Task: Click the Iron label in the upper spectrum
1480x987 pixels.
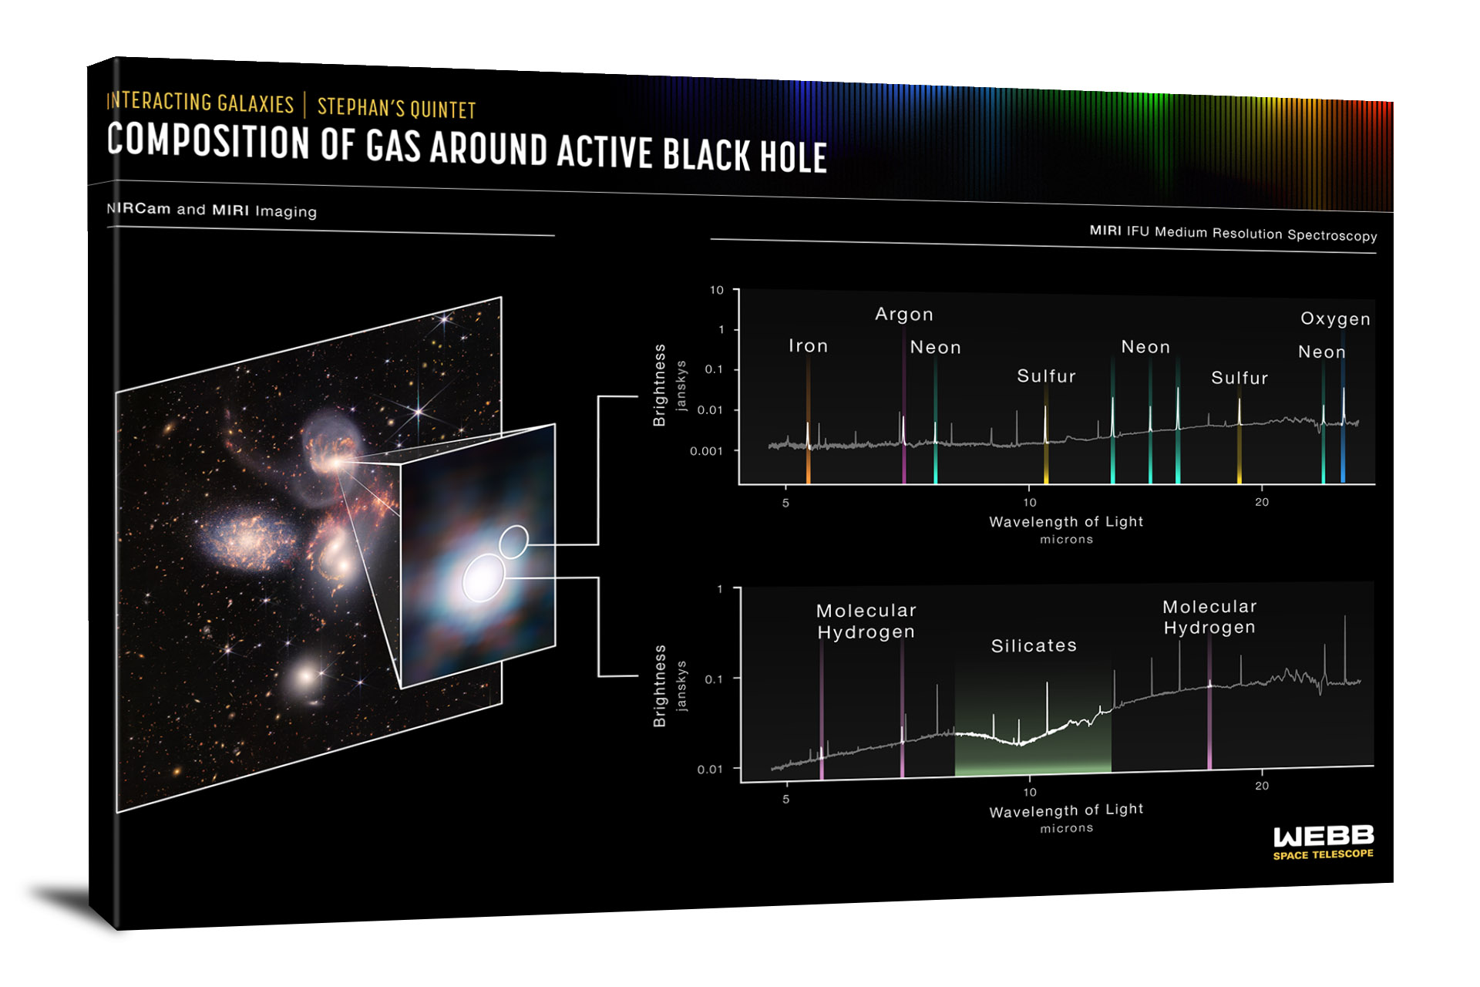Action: point(808,346)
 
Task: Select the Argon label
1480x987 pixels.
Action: point(904,315)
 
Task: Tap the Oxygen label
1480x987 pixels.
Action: point(1335,319)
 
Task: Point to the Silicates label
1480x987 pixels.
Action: point(1034,645)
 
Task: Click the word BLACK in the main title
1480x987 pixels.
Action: point(706,154)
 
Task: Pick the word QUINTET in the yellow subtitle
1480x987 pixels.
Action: point(442,109)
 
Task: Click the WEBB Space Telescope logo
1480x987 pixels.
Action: point(1323,841)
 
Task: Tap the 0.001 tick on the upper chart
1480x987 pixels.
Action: point(706,451)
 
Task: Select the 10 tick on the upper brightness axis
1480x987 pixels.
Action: point(717,290)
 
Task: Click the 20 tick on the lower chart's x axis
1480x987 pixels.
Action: point(1262,786)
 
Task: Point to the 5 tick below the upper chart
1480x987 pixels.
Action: point(785,503)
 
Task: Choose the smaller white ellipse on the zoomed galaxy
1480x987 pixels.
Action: point(513,541)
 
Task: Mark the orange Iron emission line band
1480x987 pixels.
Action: point(808,420)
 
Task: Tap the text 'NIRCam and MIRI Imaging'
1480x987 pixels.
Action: point(211,210)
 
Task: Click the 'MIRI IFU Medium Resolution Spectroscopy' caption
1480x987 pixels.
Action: point(1233,233)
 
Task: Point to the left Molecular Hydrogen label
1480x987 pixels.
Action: point(866,622)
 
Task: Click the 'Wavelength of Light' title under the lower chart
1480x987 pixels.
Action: point(1066,810)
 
